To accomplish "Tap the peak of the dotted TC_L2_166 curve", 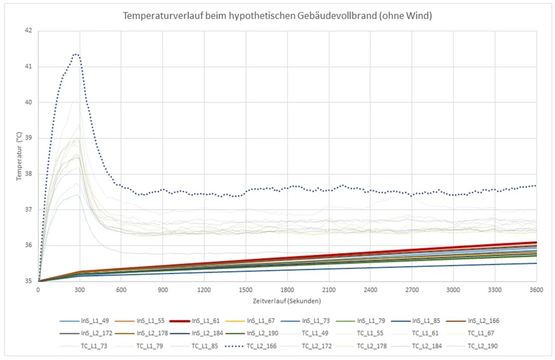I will [76, 54].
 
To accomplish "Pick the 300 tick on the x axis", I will [80, 289].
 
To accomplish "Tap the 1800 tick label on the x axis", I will [287, 289].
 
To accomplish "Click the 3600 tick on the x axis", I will [536, 289].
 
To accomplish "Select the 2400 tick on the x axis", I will [370, 289].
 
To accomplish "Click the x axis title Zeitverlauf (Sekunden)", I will [287, 300].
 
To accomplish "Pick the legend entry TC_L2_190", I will [482, 347].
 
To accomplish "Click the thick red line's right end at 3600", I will [535, 242].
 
